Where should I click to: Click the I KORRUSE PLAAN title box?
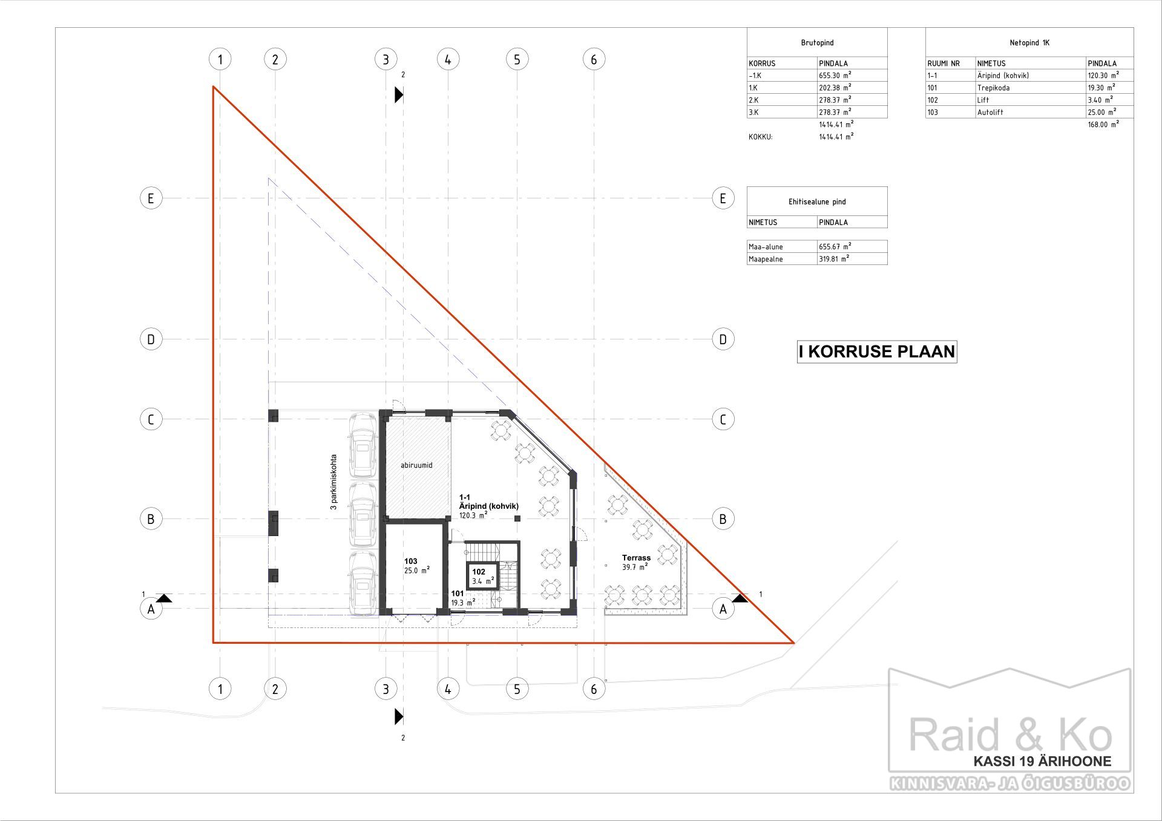click(877, 352)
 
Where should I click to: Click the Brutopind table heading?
click(817, 43)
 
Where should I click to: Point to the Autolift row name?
click(990, 113)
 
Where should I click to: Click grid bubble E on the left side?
click(151, 198)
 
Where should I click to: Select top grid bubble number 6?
click(594, 59)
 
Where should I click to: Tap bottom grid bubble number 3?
click(386, 689)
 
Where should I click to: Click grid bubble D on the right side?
click(723, 339)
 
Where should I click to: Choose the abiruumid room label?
click(416, 465)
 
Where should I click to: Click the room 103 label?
click(411, 561)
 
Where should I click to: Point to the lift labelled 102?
click(481, 576)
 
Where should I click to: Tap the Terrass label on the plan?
click(636, 558)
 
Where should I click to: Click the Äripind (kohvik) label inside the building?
click(489, 506)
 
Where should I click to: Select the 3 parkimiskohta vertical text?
click(333, 482)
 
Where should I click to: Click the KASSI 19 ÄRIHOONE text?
click(1042, 762)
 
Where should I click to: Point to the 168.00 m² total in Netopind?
click(1103, 124)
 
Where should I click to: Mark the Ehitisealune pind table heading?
click(817, 202)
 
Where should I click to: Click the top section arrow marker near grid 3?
click(399, 94)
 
